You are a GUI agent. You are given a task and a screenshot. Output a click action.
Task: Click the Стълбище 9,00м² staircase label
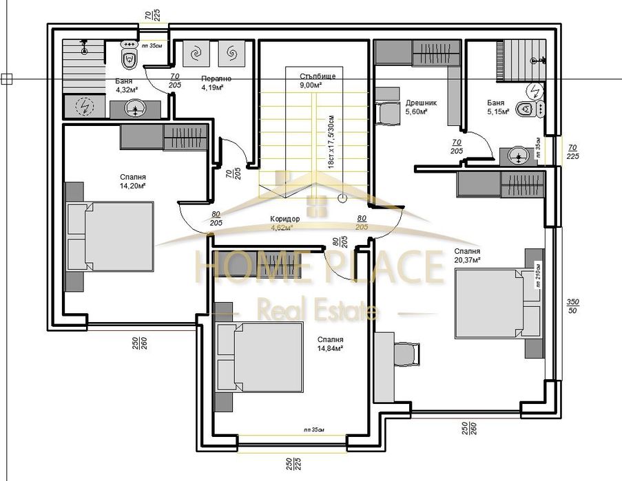click(x=318, y=81)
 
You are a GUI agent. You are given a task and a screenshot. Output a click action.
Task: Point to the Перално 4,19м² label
click(x=216, y=83)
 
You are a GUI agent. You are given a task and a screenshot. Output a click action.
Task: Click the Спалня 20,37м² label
click(x=466, y=255)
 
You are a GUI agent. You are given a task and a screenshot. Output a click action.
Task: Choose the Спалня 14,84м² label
click(x=330, y=344)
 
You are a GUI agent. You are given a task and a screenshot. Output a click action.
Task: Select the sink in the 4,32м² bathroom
click(x=135, y=108)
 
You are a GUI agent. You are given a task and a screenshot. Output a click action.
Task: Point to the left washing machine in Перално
click(x=196, y=53)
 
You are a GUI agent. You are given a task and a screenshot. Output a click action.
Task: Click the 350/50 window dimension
click(x=572, y=306)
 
